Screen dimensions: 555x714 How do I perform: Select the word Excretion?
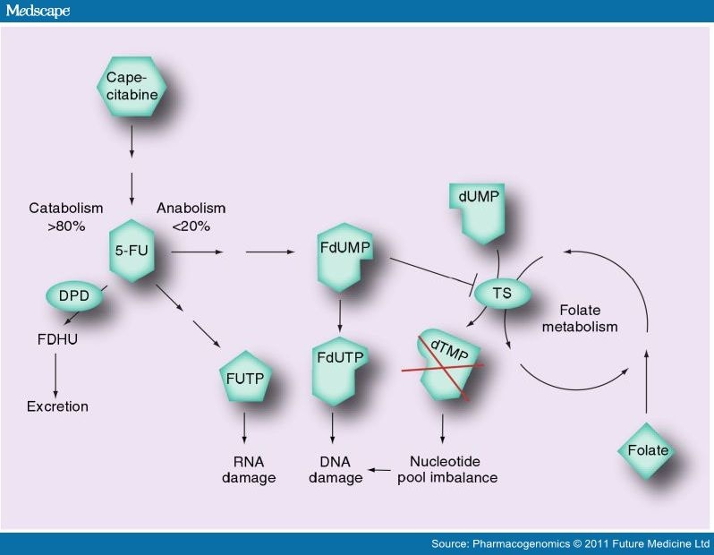(x=56, y=406)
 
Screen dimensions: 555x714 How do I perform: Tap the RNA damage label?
(x=245, y=470)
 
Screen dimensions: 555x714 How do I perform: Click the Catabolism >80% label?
(x=66, y=218)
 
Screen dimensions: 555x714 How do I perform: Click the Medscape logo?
(x=38, y=11)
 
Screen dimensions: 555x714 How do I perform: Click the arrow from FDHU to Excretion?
(x=55, y=373)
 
